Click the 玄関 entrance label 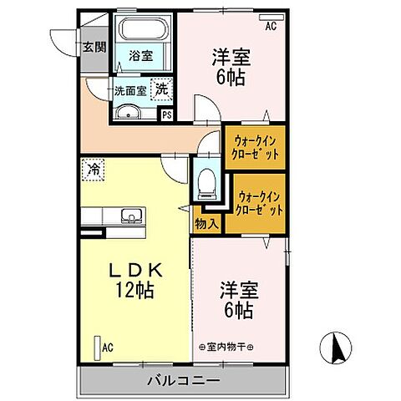[93, 46]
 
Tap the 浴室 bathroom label [140, 56]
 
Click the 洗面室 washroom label [130, 89]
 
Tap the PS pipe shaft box [165, 115]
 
